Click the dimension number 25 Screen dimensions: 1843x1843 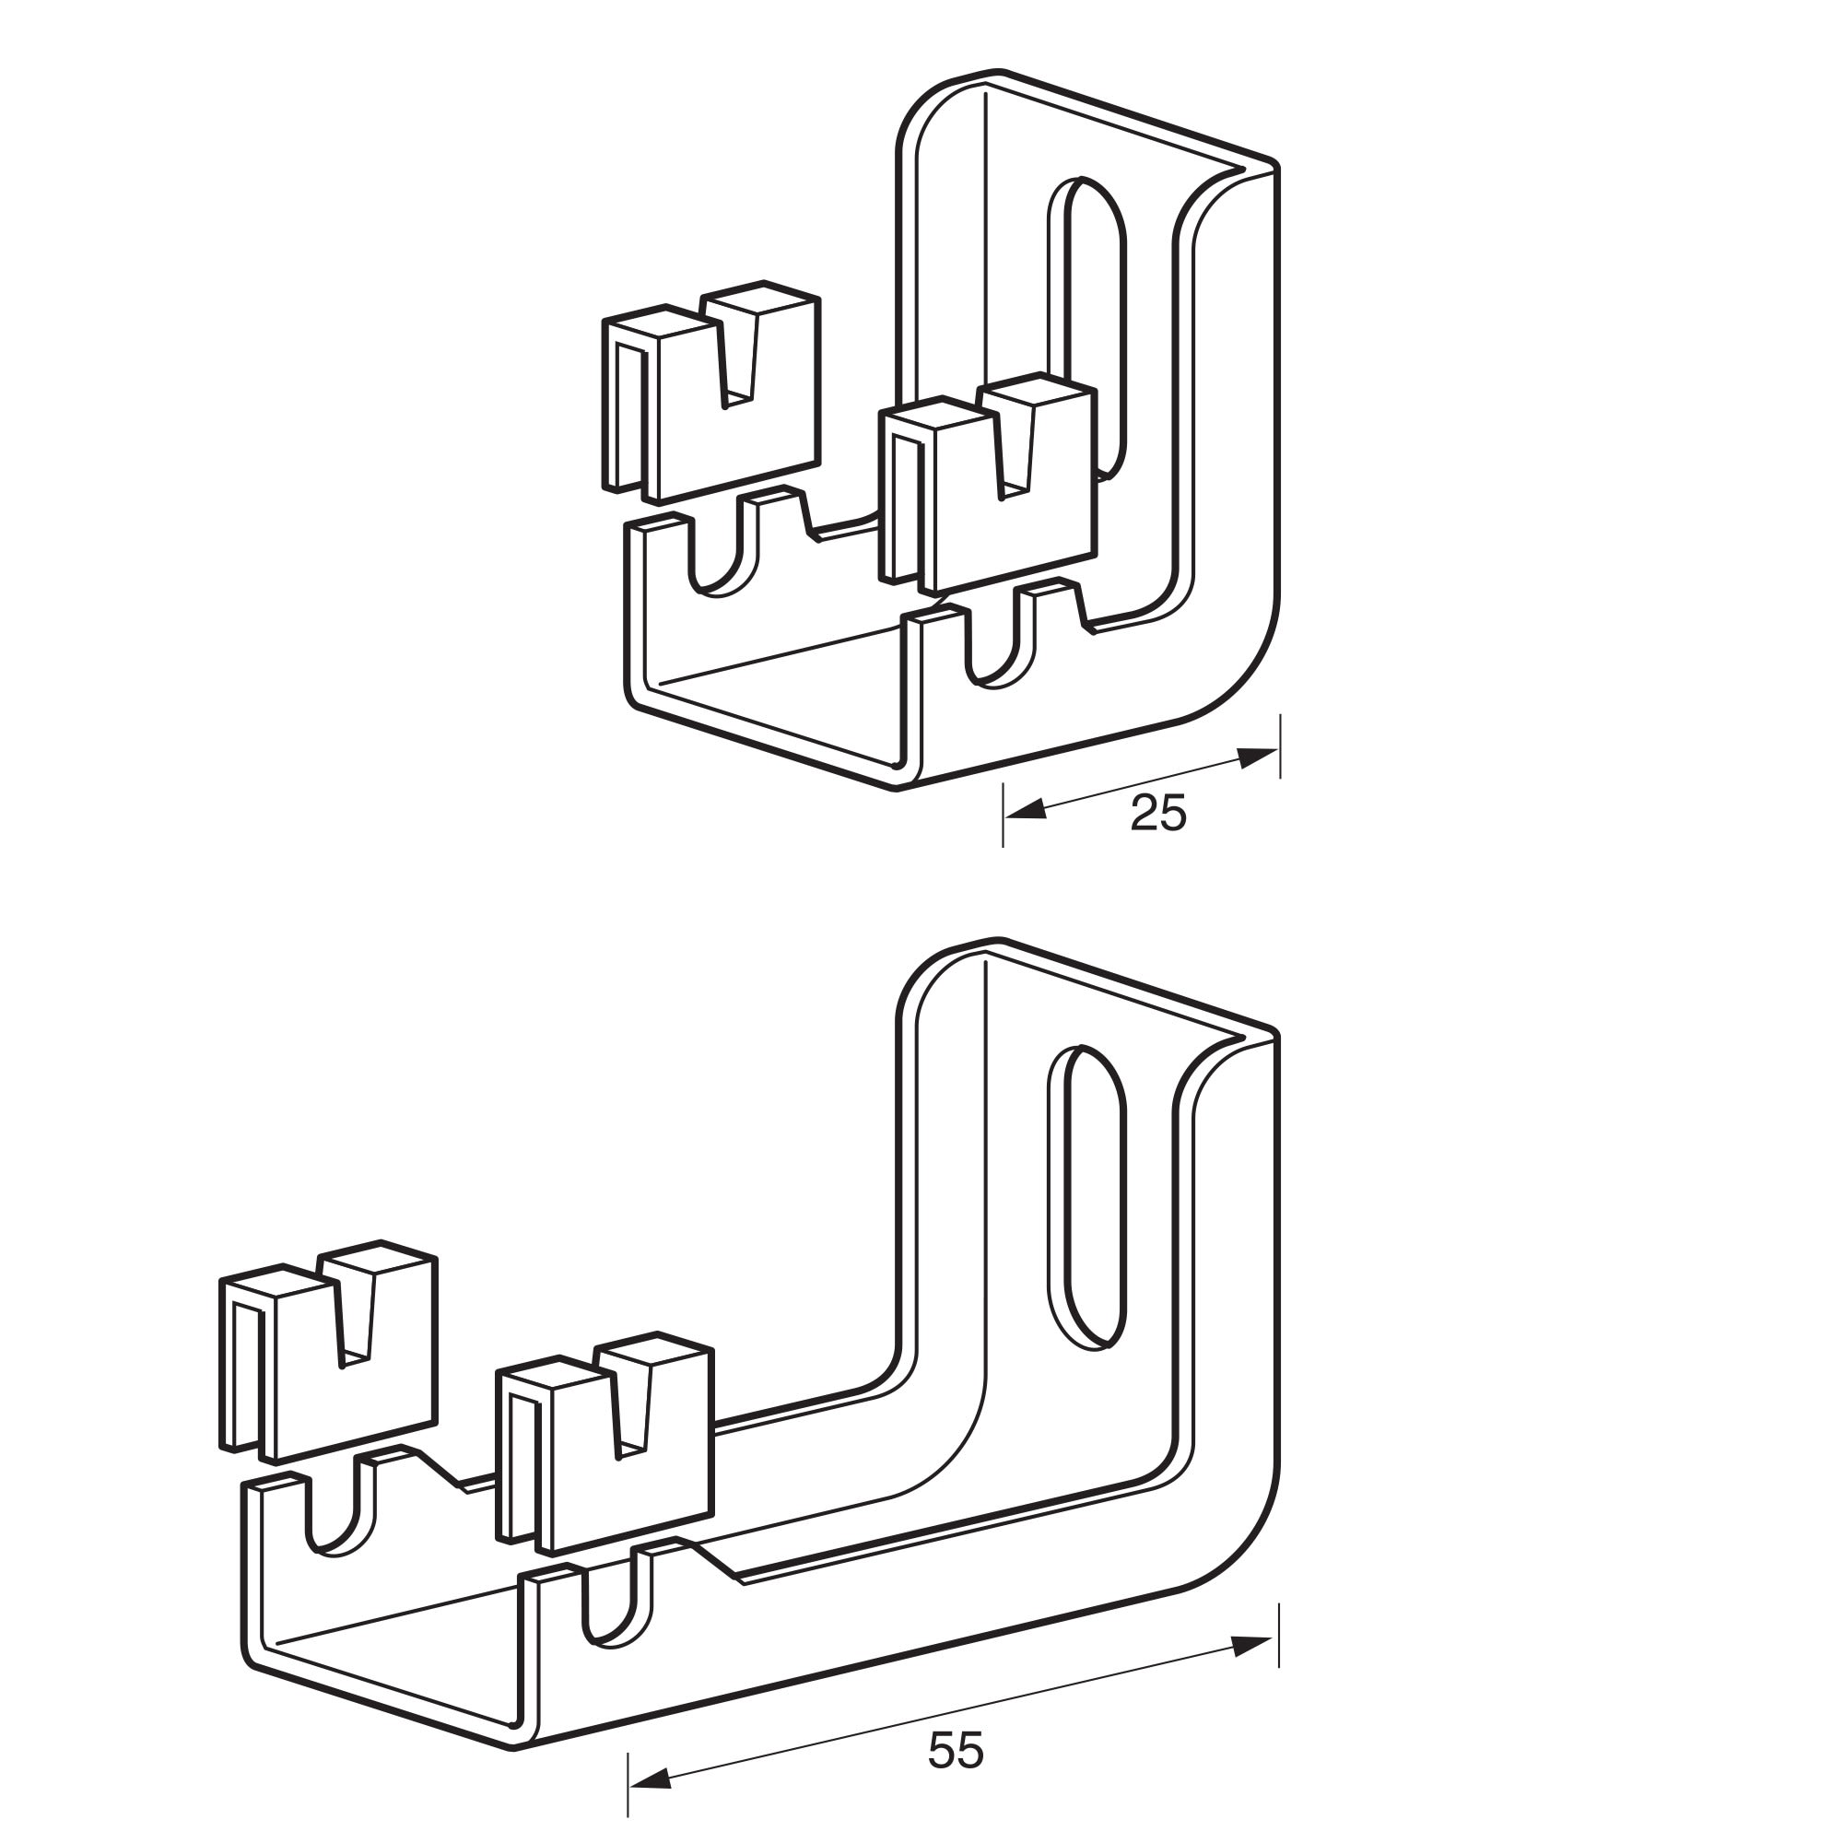(x=1158, y=814)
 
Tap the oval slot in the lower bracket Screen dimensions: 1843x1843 (x=1087, y=1197)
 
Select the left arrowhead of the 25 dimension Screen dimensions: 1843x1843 (x=1026, y=810)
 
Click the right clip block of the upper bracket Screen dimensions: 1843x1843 (x=988, y=483)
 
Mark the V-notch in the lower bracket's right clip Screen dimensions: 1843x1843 (x=631, y=1408)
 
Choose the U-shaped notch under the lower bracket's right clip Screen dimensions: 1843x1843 (x=617, y=1605)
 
